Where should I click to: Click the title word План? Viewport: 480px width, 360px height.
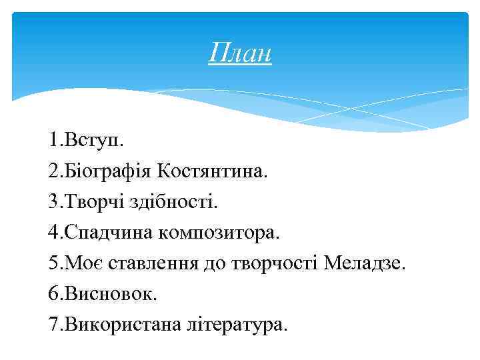[239, 53]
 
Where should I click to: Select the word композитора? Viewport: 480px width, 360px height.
[220, 233]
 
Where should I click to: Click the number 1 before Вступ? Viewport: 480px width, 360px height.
[52, 141]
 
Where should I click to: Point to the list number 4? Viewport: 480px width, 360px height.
[53, 233]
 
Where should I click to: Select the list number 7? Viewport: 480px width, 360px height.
[53, 325]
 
